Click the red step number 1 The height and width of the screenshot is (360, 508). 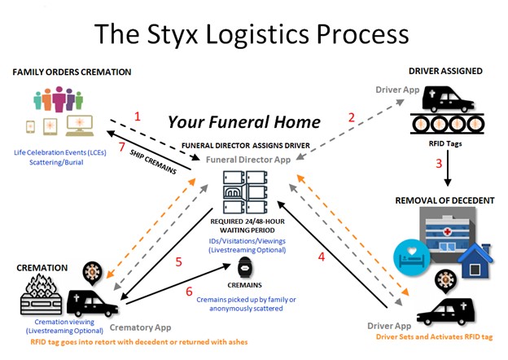pos(138,116)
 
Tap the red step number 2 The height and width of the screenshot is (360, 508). pos(352,117)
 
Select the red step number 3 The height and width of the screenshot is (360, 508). pos(439,164)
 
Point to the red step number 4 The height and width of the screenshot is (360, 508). pos(322,257)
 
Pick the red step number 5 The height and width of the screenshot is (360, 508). pos(178,261)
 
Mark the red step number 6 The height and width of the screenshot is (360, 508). pos(189,292)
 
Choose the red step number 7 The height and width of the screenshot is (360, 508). pos(121,147)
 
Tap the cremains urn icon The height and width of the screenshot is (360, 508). pos(245,269)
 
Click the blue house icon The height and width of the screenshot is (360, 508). pos(475,261)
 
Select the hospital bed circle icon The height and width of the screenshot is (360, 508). pos(411,257)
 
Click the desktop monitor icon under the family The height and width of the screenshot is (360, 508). pos(80,125)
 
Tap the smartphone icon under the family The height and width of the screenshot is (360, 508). pos(30,127)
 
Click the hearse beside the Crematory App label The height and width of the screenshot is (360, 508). pos(92,303)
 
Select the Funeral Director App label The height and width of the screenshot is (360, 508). pos(248,160)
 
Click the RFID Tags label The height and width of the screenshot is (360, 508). pos(445,143)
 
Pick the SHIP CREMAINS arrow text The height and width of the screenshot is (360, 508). pos(153,162)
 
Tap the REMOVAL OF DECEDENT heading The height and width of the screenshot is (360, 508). pos(444,200)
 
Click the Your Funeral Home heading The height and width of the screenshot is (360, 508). pos(244,122)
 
